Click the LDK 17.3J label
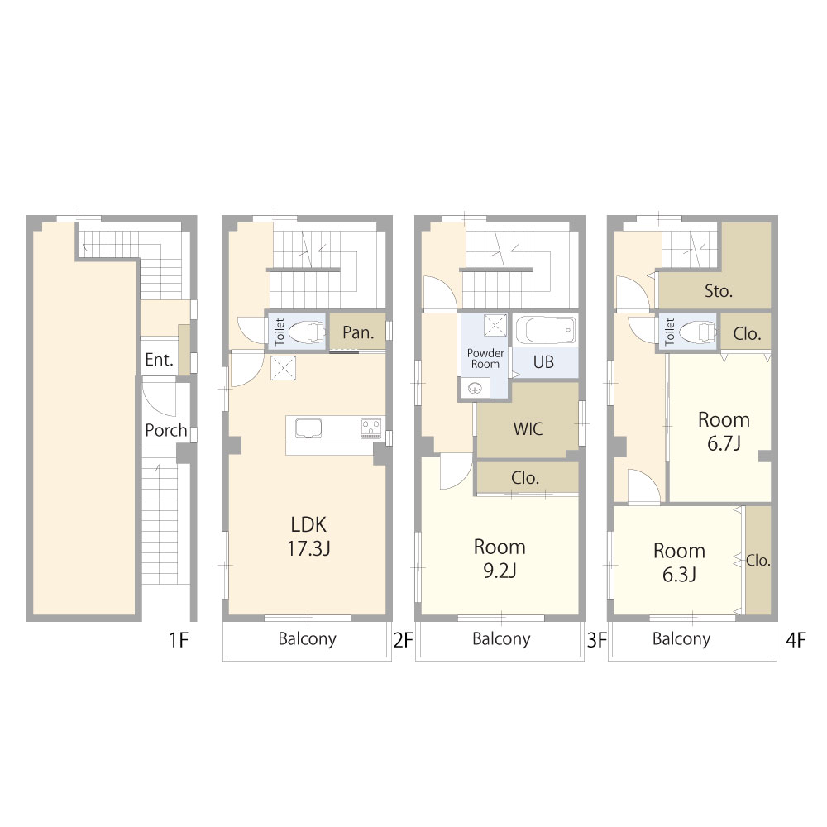coord(308,537)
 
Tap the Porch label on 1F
coord(166,430)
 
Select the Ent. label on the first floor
coord(159,360)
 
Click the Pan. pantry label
coord(358,332)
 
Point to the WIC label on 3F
coord(528,428)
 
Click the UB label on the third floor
coord(543,362)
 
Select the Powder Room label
coord(485,359)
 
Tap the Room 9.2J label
coord(500,558)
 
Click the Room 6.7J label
coord(724,432)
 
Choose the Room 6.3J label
coord(679,562)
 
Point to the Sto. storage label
coord(719,290)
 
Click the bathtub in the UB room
coord(545,330)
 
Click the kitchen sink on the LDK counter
coord(308,428)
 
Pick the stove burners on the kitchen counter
coord(370,428)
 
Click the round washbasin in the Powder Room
coord(475,389)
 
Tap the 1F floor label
coord(179,640)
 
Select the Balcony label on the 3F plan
coord(501,638)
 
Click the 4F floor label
coord(796,640)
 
